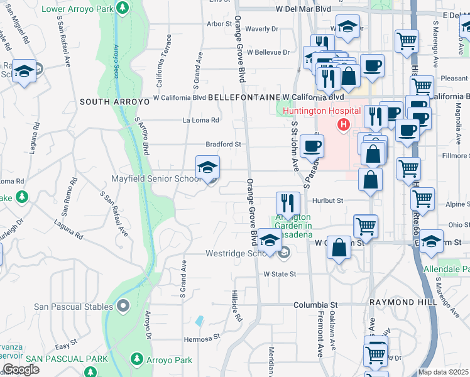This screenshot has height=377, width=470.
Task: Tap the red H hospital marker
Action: coord(343,125)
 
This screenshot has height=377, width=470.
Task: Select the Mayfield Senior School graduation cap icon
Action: coord(208,168)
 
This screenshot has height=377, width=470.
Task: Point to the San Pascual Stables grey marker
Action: coord(123,307)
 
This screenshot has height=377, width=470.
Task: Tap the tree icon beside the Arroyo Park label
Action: coord(136,360)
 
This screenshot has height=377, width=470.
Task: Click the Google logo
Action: coord(21,369)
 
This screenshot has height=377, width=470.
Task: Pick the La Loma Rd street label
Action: coord(200,120)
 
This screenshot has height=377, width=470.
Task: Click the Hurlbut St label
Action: coord(328,200)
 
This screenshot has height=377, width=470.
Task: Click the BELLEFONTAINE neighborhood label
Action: coord(243,98)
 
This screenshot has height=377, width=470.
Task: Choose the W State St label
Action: coord(279,274)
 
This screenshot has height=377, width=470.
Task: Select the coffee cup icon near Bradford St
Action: coord(312,146)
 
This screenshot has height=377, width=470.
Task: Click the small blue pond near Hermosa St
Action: coord(199,320)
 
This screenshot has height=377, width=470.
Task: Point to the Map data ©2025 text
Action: coord(443,372)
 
